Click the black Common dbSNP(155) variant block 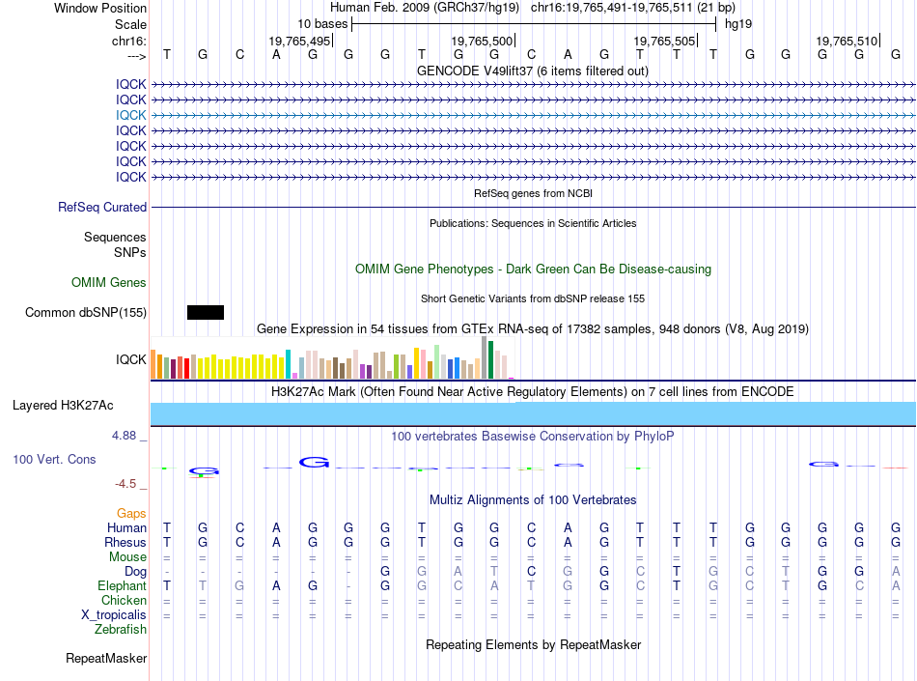click(x=206, y=312)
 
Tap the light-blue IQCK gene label click(x=130, y=115)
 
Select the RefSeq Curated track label click(x=102, y=207)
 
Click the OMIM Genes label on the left click(x=108, y=283)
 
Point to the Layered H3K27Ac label click(x=63, y=406)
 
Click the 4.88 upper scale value click(x=124, y=436)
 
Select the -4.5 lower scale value click(x=125, y=484)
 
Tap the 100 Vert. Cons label click(x=54, y=459)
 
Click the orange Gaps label click(x=131, y=513)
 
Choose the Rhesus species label click(x=125, y=542)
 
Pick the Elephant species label click(x=122, y=585)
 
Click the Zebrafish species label click(x=121, y=630)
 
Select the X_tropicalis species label click(x=114, y=615)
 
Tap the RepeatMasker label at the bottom click(x=106, y=658)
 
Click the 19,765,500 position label click(x=482, y=41)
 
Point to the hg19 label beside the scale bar click(x=738, y=24)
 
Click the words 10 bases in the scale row click(x=322, y=24)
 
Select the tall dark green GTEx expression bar click(x=490, y=359)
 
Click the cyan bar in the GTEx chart click(x=288, y=364)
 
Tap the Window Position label click(x=100, y=8)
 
